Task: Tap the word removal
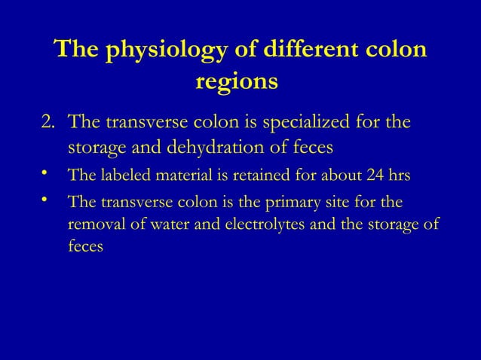pyautogui.click(x=93, y=225)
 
